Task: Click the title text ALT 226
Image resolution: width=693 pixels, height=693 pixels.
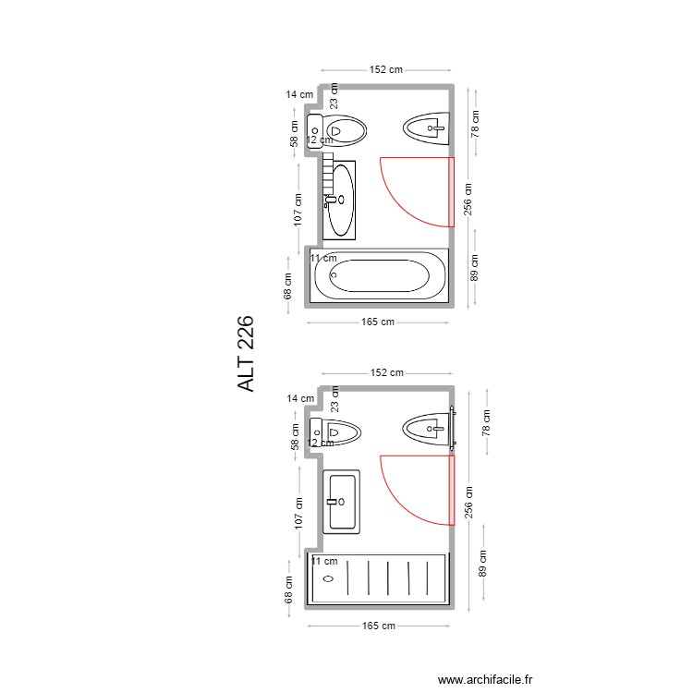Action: (x=247, y=354)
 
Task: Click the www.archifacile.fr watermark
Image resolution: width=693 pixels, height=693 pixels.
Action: (x=485, y=679)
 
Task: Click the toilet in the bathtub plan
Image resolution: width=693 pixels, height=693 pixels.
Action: (x=339, y=131)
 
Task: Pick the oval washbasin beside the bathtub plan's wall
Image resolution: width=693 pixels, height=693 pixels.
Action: (x=342, y=199)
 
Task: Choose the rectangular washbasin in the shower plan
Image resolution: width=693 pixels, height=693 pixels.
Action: (x=342, y=501)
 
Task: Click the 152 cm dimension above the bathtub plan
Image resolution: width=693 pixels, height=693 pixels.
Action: (x=386, y=69)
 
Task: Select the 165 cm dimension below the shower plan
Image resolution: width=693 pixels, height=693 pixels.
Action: (x=378, y=626)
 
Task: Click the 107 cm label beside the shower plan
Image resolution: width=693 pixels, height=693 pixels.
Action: (x=298, y=514)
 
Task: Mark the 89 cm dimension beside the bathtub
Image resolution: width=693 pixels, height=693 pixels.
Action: (x=474, y=268)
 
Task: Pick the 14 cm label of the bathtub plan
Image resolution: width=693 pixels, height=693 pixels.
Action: (x=299, y=94)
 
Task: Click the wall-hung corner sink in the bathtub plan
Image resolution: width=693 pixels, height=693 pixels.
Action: (x=426, y=128)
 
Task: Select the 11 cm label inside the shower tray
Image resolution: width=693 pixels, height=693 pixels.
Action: (x=323, y=561)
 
